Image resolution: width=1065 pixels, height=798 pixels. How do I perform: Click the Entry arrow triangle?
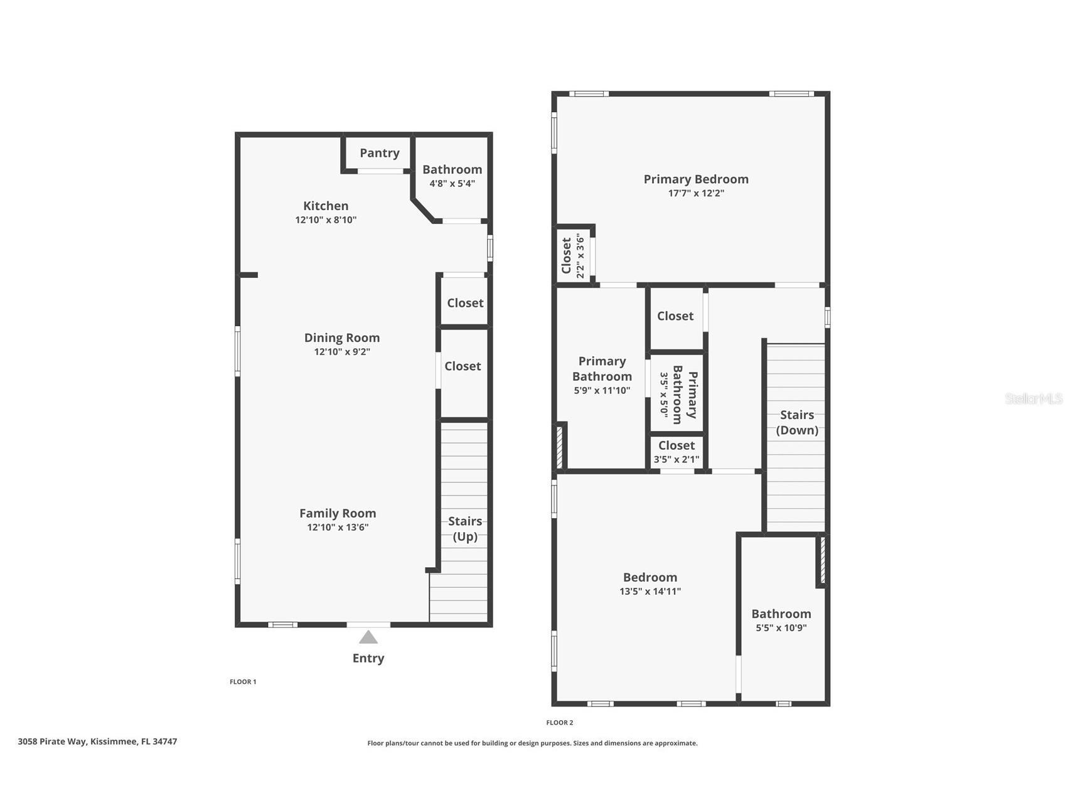coord(368,637)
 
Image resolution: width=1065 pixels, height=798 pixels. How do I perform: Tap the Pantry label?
coord(380,153)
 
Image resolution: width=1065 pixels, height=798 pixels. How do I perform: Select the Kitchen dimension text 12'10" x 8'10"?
coord(326,220)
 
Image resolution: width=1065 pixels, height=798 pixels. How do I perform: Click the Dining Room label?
coord(342,338)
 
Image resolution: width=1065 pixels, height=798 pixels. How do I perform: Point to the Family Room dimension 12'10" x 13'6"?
coord(338,528)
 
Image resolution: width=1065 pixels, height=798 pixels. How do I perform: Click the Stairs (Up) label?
coord(465,529)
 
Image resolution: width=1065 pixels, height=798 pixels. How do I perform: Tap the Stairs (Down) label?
coord(797,422)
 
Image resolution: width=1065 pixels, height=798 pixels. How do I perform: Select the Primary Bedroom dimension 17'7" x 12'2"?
coord(696,193)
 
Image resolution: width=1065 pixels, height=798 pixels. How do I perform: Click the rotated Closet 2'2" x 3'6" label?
coord(573,256)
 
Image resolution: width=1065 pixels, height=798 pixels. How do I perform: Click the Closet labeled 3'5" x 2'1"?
coord(677,452)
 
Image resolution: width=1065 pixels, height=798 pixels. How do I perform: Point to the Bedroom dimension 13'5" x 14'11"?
coord(650,592)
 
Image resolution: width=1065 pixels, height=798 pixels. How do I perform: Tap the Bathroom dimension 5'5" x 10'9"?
coord(781,628)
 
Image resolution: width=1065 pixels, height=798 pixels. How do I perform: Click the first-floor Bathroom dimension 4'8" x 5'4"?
coord(452,184)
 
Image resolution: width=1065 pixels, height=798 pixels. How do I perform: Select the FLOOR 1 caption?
coord(243,682)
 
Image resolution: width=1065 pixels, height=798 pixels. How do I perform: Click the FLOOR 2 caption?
coord(560,723)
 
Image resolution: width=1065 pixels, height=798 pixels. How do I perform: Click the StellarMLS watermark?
coord(1034,398)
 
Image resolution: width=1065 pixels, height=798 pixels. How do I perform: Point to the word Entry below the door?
coord(368,658)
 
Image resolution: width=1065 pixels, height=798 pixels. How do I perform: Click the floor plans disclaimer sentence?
coord(532,743)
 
